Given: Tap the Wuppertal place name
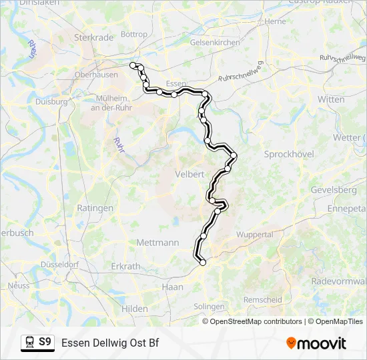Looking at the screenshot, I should (x=255, y=235).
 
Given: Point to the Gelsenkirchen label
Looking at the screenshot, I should (x=196, y=42).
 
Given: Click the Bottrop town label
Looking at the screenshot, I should (x=134, y=34).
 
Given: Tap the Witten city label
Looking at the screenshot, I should (x=331, y=99).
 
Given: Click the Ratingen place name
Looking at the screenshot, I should (x=95, y=208).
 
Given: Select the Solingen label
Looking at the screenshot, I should (x=209, y=307).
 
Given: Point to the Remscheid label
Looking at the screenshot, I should (x=262, y=300).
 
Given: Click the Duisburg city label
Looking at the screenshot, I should (x=51, y=102).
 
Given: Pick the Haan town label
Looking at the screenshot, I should (x=172, y=287).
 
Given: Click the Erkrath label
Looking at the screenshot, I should (x=126, y=266).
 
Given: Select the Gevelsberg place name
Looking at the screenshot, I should (x=334, y=190).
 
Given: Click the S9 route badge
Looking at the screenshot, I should (x=45, y=342).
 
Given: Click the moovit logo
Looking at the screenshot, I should (x=316, y=343).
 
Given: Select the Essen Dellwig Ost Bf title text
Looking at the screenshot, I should (x=110, y=343).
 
